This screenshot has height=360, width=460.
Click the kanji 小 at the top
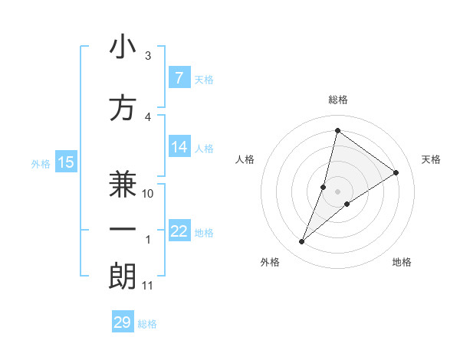click(x=123, y=47)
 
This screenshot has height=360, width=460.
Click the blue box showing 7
click(x=179, y=78)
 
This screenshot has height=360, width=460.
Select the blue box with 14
click(x=179, y=147)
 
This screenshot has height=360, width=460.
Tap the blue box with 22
click(x=179, y=231)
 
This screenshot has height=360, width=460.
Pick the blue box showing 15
click(x=66, y=162)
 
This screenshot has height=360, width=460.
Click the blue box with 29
click(x=123, y=322)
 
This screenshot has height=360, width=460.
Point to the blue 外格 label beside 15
click(x=41, y=163)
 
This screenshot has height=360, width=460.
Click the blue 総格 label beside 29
click(x=147, y=323)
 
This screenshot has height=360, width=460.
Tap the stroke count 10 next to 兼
click(x=149, y=194)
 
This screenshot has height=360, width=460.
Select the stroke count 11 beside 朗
click(x=148, y=286)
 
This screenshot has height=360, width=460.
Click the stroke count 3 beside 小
click(x=148, y=56)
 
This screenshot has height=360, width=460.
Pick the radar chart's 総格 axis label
click(x=337, y=100)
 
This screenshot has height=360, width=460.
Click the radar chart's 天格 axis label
click(x=431, y=159)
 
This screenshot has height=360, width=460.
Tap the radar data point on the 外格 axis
click(x=301, y=242)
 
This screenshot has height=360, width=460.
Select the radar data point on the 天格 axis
click(x=396, y=172)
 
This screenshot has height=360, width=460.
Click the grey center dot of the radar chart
click(x=337, y=191)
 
